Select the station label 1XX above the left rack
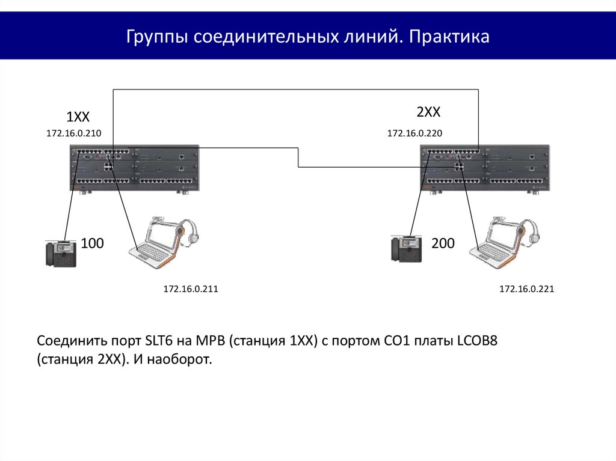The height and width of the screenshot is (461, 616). point(78,117)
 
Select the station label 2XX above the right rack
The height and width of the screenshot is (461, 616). point(428,112)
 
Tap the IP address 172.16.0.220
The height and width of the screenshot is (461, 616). point(414,133)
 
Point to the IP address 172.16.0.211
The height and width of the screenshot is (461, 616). point(190,290)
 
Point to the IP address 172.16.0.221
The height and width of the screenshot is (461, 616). point(526,290)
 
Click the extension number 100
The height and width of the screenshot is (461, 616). point(93,243)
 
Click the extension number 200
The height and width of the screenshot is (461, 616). point(443,243)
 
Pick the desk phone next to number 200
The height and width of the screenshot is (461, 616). point(405,248)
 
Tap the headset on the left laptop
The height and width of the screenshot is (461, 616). point(189,231)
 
